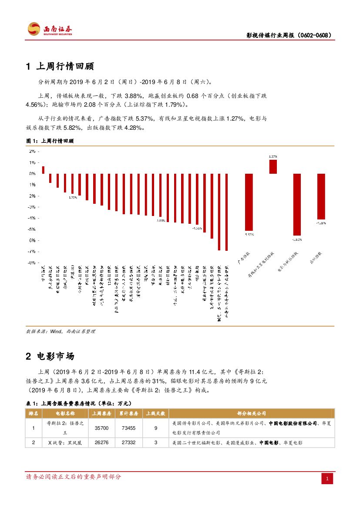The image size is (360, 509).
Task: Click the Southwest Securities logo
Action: click(49, 29)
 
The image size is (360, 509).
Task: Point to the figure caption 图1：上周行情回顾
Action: click(50, 142)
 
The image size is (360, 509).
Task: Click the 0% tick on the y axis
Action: click(32, 174)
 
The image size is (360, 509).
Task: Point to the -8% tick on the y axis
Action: click(32, 263)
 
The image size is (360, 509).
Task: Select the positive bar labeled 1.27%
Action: click(273, 167)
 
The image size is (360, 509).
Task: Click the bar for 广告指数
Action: click(249, 202)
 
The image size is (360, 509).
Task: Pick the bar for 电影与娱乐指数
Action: click(297, 204)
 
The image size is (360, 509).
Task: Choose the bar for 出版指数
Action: click(321, 196)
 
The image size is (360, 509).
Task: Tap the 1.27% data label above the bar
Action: click(273, 156)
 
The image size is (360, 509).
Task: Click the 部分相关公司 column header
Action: click(252, 413)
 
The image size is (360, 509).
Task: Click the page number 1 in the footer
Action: click(327, 479)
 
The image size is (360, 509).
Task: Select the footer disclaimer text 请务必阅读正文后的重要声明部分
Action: click(74, 477)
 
